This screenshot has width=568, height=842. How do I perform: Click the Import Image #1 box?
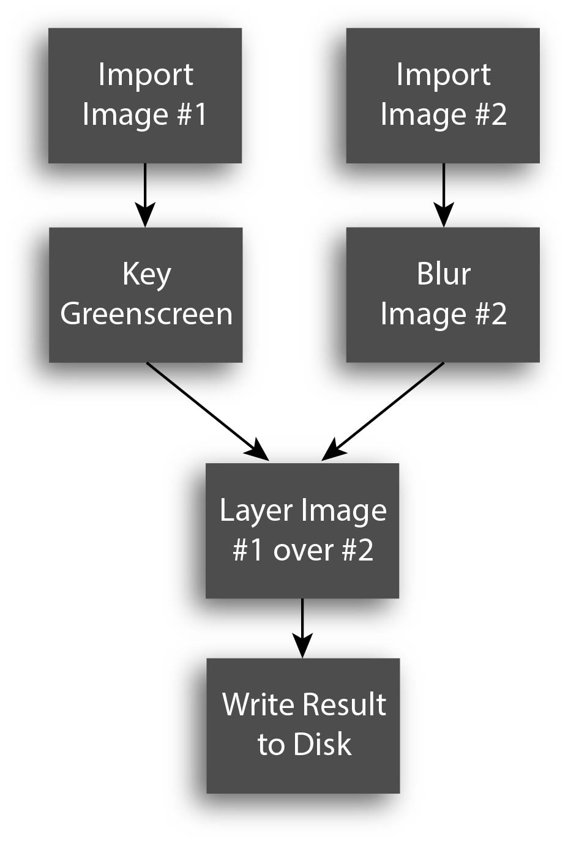coord(145,95)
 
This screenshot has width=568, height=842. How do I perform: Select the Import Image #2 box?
coord(443,95)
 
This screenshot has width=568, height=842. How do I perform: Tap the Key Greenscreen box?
coord(146,295)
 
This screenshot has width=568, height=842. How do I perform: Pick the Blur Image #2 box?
coord(443,295)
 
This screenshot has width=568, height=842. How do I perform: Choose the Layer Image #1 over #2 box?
coord(302,531)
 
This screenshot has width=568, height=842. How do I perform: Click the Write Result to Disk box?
coord(303,726)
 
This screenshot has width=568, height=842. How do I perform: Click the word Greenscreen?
coord(146,315)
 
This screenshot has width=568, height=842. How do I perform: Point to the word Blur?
coord(444,274)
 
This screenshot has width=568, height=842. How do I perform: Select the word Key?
coord(146,274)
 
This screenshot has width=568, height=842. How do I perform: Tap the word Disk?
coord(322,745)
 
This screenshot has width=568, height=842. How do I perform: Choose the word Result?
coord(346,705)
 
